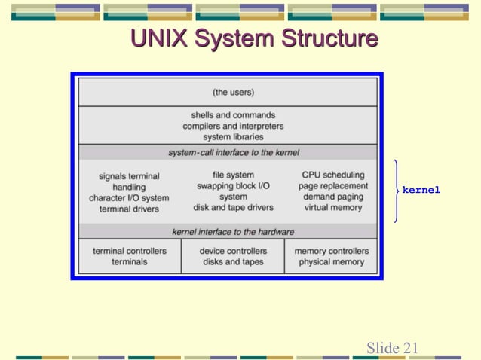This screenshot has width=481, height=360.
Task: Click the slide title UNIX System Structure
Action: (x=254, y=39)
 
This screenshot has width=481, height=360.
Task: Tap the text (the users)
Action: (x=233, y=93)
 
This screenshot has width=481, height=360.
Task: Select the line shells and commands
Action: (x=233, y=115)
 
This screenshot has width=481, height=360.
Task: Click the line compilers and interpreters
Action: (x=233, y=126)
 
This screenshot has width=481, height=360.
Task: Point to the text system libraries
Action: (x=233, y=137)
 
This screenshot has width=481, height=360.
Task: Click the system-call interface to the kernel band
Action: (x=233, y=152)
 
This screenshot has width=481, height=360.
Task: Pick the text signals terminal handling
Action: (x=129, y=182)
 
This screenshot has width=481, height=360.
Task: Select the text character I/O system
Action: (x=129, y=198)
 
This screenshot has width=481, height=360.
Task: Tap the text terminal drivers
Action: (x=129, y=209)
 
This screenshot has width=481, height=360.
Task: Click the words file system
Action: (x=233, y=175)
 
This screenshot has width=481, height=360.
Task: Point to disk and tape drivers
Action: (x=233, y=208)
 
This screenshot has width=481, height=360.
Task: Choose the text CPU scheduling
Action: (x=332, y=175)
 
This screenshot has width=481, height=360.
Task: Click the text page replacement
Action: (x=332, y=186)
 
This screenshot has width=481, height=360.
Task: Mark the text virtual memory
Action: (x=332, y=208)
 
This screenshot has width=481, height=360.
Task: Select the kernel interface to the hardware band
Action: (x=233, y=231)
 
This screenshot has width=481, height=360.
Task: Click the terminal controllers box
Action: (x=130, y=256)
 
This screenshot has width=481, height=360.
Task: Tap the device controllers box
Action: (x=233, y=256)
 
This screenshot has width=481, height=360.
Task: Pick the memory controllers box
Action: (x=331, y=256)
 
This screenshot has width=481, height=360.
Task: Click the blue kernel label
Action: (x=421, y=191)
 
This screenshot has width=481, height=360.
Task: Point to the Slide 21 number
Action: (x=392, y=347)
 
